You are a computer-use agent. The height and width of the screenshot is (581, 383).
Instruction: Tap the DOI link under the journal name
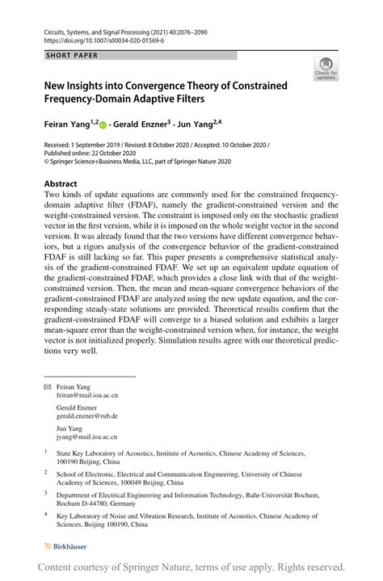tap(92, 39)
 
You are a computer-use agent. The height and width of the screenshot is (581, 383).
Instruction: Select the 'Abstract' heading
tap(61, 183)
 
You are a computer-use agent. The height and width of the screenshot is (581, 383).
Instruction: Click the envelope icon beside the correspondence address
tap(47, 387)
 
